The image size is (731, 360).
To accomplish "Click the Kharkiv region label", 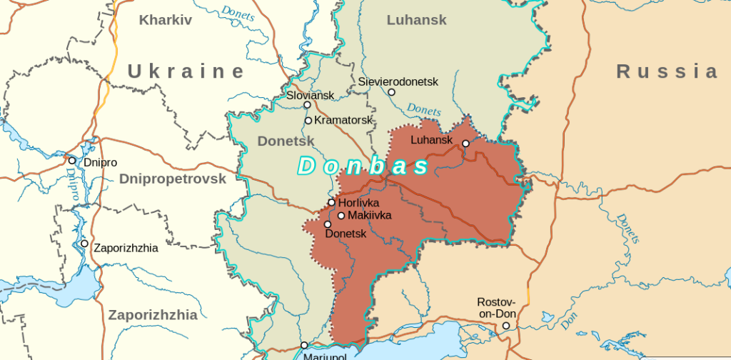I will click(x=166, y=20).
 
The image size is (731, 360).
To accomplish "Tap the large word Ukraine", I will click(x=186, y=71).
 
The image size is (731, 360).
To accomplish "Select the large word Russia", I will click(x=667, y=71).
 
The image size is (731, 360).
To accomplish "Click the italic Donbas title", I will click(x=363, y=166).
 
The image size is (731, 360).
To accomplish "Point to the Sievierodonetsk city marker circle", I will click(x=391, y=92).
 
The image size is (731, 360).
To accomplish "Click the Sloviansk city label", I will click(x=310, y=94).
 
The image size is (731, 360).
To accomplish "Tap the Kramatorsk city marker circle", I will click(x=308, y=120).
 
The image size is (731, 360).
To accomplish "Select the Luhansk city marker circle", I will click(x=465, y=144).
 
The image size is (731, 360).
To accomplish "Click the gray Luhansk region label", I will click(x=416, y=20).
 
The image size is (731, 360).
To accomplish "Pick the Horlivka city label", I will click(x=358, y=203).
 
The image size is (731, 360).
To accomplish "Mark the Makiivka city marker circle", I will click(x=341, y=216).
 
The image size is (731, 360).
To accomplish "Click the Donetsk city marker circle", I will click(x=328, y=224).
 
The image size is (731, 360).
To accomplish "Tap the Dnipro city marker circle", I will click(x=72, y=160).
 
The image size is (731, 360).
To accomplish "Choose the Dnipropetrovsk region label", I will click(x=172, y=179).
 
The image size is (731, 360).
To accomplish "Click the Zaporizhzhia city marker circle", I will click(x=84, y=244).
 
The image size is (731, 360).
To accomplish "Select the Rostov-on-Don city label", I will click(x=496, y=308).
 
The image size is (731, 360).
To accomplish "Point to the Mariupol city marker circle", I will click(x=304, y=346).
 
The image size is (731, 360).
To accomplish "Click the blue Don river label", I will click(x=568, y=323).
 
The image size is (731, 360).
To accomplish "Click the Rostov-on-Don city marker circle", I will click(x=506, y=326).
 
